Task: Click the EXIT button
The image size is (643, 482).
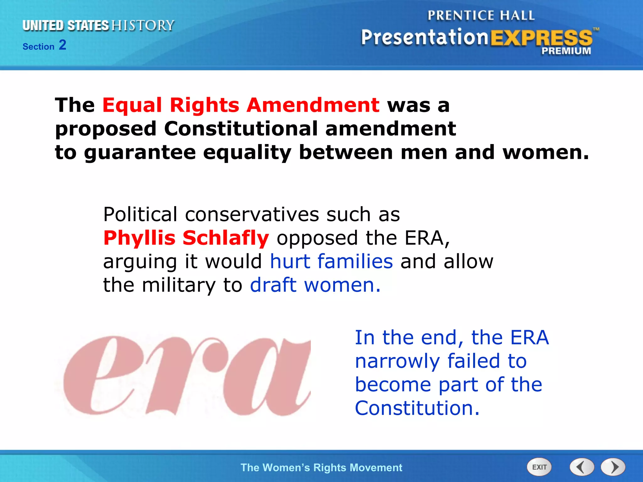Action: tap(539, 467)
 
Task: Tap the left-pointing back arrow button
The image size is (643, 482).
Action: tap(582, 467)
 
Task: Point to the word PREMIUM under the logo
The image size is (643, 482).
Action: tap(566, 51)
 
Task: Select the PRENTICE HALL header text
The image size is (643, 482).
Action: tap(481, 15)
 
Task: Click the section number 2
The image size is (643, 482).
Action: tap(62, 45)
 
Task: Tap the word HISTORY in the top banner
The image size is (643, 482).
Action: tap(143, 25)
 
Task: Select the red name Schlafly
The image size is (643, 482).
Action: tap(225, 238)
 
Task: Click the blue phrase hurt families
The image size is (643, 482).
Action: tap(331, 261)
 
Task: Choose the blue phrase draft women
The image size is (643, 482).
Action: tap(315, 285)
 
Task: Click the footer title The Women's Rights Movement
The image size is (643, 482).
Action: tap(321, 468)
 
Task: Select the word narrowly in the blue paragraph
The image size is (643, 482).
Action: tap(397, 361)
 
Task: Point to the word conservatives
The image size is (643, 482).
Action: tap(252, 215)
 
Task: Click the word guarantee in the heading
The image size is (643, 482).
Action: tap(140, 153)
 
